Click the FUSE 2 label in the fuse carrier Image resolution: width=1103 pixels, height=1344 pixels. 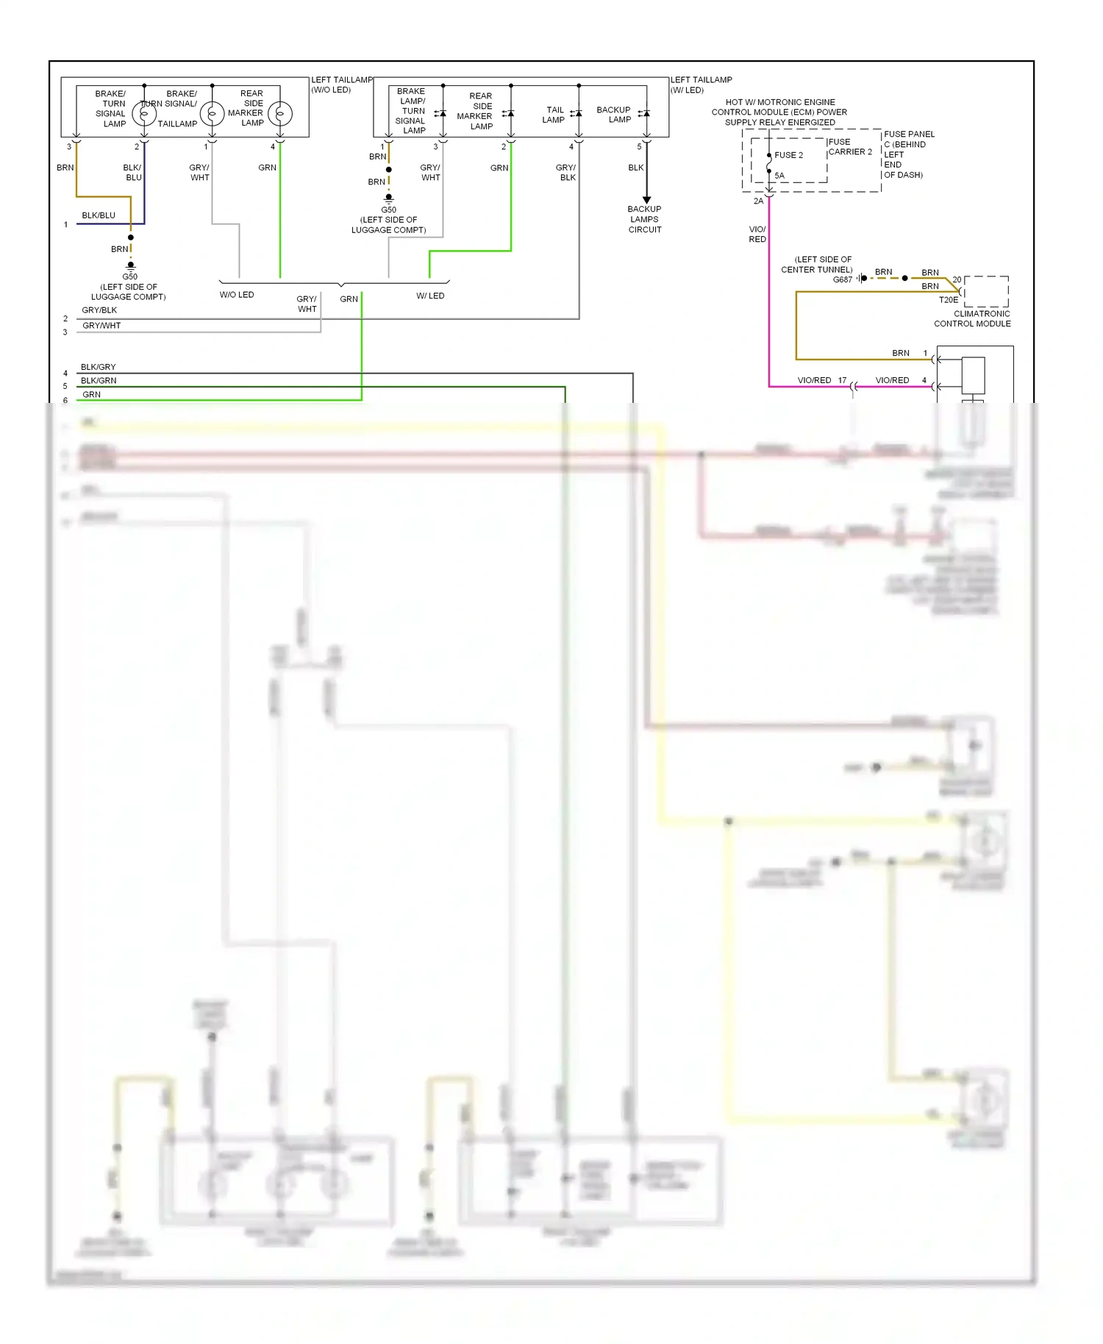pyautogui.click(x=788, y=155)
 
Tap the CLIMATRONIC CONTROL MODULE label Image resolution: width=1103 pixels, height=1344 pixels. pyautogui.click(x=972, y=318)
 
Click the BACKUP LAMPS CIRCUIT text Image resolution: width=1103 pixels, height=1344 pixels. pyautogui.click(x=644, y=219)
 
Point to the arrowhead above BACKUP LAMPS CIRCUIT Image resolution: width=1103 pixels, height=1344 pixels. pyautogui.click(x=647, y=200)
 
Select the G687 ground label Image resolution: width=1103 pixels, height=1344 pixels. pyautogui.click(x=842, y=279)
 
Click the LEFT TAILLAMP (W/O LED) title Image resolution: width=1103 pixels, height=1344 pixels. pyautogui.click(x=341, y=85)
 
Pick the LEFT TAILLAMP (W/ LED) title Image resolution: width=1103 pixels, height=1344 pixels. pyautogui.click(x=701, y=85)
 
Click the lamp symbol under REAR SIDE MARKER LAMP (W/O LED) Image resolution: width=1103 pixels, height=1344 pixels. pyautogui.click(x=280, y=114)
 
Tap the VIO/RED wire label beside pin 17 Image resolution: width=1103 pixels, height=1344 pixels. pyautogui.click(x=814, y=380)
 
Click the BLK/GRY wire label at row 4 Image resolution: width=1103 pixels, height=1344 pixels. pyautogui.click(x=98, y=367)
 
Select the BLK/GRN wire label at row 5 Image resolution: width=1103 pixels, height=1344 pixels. pyautogui.click(x=99, y=380)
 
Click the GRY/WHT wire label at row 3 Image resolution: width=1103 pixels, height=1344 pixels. pyautogui.click(x=101, y=325)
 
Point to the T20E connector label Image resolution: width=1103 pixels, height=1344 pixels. pyautogui.click(x=948, y=300)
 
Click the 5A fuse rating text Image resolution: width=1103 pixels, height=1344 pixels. pyautogui.click(x=779, y=176)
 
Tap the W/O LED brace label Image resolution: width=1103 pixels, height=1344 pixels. pyautogui.click(x=236, y=295)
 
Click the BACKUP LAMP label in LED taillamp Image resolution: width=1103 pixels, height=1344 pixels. pyautogui.click(x=613, y=115)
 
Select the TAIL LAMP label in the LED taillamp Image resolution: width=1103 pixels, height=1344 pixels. pyautogui.click(x=554, y=115)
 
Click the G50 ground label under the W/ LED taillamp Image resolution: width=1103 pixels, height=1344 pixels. pyautogui.click(x=388, y=210)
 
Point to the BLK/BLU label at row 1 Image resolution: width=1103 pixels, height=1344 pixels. pyautogui.click(x=99, y=215)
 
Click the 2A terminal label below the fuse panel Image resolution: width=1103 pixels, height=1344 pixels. pyautogui.click(x=758, y=201)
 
